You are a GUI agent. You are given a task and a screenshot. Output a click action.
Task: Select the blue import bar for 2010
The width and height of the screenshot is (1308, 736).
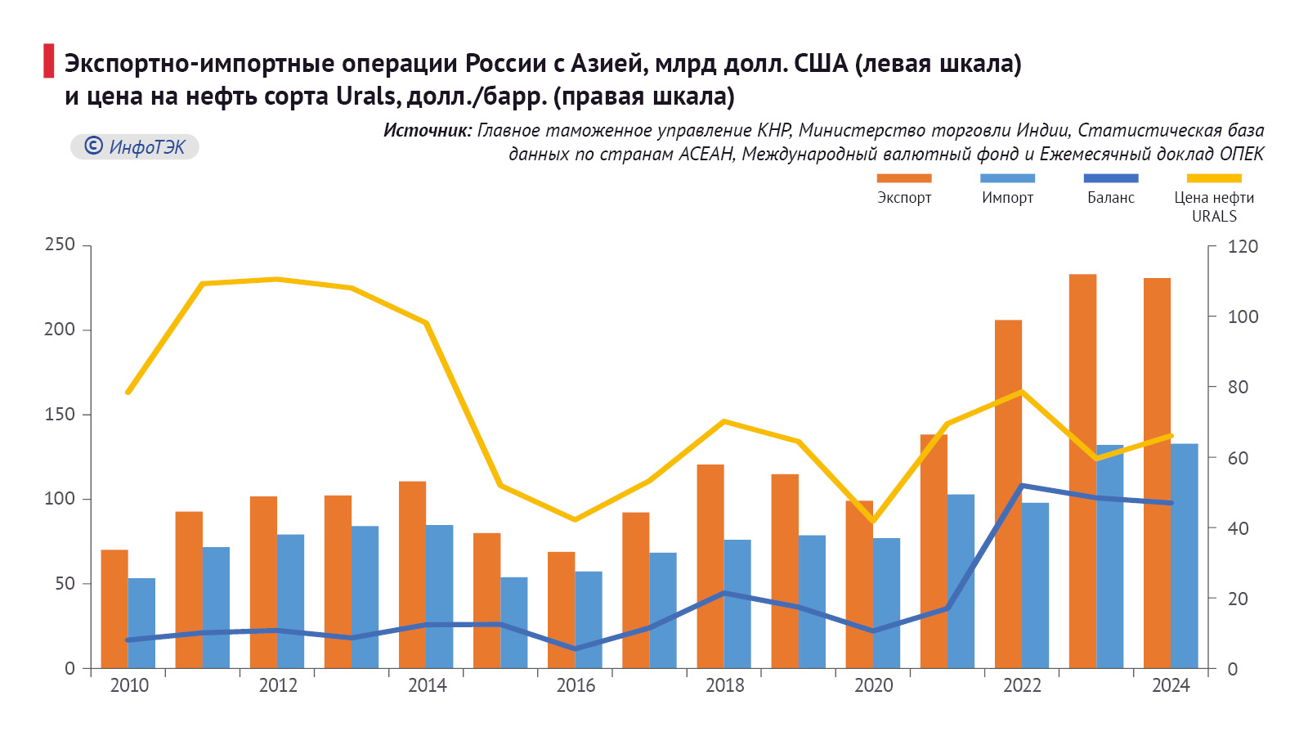tap(141, 623)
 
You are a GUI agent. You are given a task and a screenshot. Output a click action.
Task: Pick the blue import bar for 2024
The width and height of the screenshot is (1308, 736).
tap(1184, 556)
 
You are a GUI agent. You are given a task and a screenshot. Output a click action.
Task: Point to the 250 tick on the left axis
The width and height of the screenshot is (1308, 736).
tap(60, 245)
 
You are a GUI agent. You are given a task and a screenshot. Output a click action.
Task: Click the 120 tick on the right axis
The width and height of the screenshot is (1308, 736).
tap(1243, 246)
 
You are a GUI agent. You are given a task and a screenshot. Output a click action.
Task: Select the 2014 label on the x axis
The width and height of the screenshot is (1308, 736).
tap(427, 685)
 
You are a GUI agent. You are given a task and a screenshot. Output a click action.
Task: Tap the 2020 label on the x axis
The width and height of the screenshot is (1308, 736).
tap(873, 685)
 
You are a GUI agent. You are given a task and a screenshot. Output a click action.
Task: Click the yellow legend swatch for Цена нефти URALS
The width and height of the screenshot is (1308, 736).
tap(1214, 178)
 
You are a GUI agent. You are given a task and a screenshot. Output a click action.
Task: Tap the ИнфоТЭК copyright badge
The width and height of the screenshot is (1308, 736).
tap(135, 146)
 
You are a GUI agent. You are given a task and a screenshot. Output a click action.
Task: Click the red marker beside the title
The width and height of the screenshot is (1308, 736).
tap(49, 61)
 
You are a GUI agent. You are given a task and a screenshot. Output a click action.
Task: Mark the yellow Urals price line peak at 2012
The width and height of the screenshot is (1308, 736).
tap(277, 280)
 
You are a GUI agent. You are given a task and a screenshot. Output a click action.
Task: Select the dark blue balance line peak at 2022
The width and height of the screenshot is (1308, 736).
tap(1022, 486)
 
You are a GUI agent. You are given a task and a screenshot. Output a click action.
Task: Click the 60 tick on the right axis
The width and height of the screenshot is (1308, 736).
tap(1239, 458)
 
